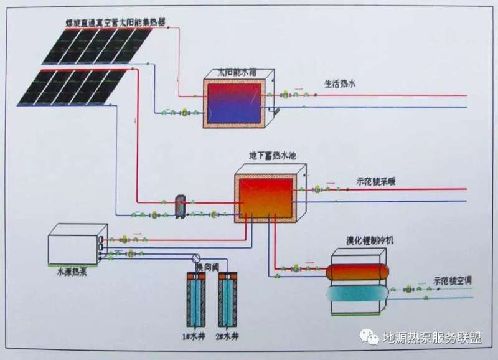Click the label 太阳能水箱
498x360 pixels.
[232, 71]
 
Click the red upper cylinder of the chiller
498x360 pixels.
[357, 273]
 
